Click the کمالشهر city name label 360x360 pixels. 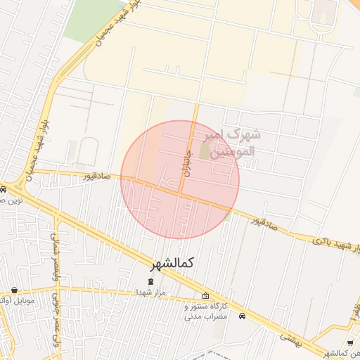pyautogui.click(x=172, y=263)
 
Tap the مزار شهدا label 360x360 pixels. pyautogui.click(x=150, y=292)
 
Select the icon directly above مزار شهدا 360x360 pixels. pyautogui.click(x=150, y=282)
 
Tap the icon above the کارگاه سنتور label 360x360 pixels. pyautogui.click(x=205, y=296)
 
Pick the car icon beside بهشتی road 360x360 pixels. pyautogui.click(x=243, y=316)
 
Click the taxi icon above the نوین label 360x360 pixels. pyautogui.click(x=3, y=189)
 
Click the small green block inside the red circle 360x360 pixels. pyautogui.click(x=205, y=150)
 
